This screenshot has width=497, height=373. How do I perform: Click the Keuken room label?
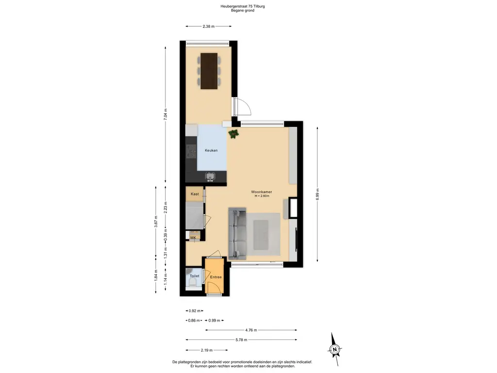coord(211,151)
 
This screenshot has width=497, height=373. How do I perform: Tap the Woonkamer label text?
coord(262,192)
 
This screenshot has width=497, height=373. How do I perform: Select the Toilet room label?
coord(194,276)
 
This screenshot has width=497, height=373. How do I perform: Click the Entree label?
coord(216,277)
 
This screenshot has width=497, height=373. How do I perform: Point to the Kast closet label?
coord(195,194)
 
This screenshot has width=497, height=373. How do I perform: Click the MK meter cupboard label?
coord(193,237)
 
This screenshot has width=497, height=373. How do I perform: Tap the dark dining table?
coord(209,71)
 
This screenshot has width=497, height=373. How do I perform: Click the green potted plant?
coord(233,134)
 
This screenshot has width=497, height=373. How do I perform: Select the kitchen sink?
coord(210,176)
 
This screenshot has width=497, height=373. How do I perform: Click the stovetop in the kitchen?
coord(191,152)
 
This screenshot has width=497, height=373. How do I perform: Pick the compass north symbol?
coord(335,349)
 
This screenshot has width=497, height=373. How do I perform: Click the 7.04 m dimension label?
coord(165,114)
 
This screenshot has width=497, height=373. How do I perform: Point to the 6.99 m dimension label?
coord(317,194)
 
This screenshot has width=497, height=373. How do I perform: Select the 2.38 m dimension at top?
coord(209,26)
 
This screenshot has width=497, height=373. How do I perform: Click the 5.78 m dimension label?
coord(241,339)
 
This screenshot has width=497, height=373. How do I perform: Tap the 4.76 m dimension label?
coord(251,330)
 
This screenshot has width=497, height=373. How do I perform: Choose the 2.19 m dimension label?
coord(207,350)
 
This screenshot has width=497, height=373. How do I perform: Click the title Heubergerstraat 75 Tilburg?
coord(243,6)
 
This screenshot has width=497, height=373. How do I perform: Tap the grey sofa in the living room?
coord(237,234)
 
